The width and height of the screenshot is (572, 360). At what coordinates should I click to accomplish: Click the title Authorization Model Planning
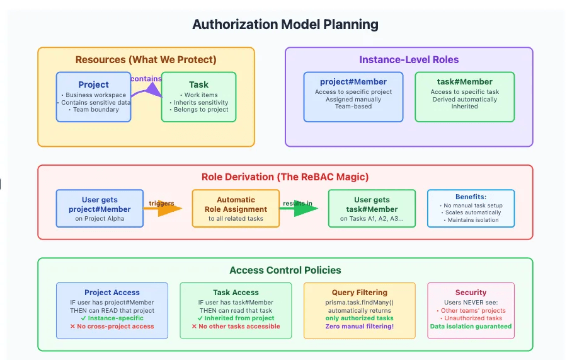coord(285,25)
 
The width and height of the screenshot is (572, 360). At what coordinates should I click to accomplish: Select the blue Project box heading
coord(93,84)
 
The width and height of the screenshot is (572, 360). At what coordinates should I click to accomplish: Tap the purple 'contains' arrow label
coord(146,79)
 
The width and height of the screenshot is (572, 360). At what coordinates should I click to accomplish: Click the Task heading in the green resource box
coord(198,84)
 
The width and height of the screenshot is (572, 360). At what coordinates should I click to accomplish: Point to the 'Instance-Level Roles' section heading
coord(409,60)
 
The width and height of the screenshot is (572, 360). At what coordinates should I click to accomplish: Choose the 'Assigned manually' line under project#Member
coord(353,99)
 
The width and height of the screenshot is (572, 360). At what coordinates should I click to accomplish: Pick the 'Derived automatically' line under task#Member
coord(464,99)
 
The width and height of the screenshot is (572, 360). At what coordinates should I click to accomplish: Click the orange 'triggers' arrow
coord(165,208)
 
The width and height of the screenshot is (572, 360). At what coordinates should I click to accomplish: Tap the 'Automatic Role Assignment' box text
coord(236,204)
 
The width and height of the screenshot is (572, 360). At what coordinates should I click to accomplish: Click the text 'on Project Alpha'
coord(100,219)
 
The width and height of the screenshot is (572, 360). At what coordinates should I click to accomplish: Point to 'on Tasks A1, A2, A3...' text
coord(372,219)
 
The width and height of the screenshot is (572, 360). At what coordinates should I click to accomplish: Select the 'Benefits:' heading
coord(471,197)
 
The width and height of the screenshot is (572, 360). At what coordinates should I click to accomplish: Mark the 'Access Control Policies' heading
coord(285,270)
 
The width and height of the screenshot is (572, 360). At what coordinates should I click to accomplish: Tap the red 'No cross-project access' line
coord(112,327)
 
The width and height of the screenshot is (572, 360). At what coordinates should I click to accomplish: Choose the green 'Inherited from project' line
coord(236,318)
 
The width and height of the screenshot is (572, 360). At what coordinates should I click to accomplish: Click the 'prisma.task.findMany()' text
coord(360,302)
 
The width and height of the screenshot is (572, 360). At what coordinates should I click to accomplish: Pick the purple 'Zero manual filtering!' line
coord(360,327)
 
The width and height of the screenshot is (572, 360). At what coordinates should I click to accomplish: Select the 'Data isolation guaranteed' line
coord(471,327)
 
